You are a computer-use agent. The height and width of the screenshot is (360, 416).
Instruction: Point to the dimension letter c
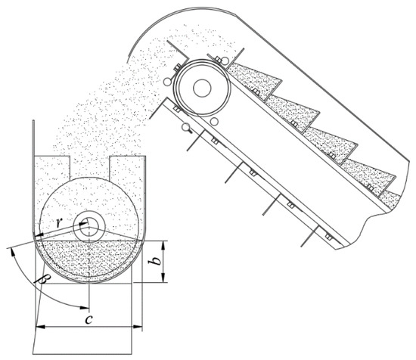tap(88, 319)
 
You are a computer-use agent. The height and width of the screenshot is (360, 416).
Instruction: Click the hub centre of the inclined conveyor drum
tap(202, 88)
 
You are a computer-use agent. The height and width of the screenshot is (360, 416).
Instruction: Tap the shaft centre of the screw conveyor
tap(89, 227)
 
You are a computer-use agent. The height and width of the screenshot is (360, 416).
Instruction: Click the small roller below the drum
tap(213, 121)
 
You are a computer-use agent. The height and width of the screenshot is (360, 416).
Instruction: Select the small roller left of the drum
tap(167, 82)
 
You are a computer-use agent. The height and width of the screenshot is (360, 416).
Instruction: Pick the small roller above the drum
tap(225, 61)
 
